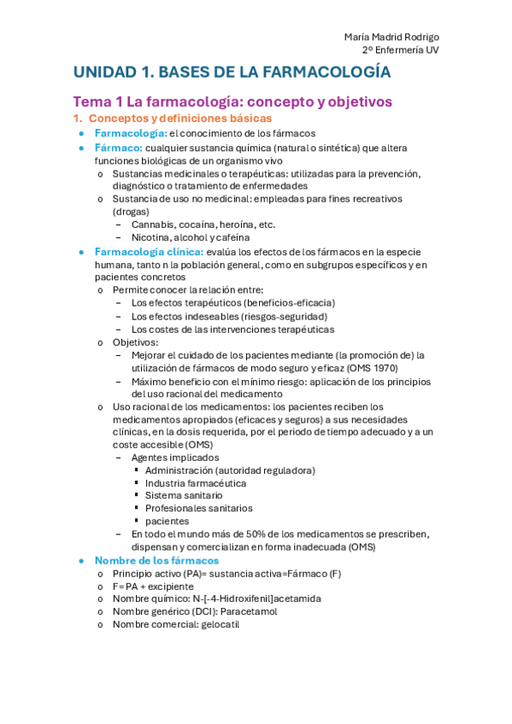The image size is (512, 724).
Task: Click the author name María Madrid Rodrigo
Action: click(x=391, y=37)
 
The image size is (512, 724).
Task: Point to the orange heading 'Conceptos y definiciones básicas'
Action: click(x=180, y=118)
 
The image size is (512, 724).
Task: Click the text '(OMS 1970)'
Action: click(x=376, y=368)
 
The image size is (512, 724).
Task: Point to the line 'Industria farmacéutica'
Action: click(x=196, y=483)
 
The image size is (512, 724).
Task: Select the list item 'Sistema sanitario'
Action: click(x=184, y=495)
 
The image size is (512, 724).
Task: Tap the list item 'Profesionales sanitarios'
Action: click(x=199, y=508)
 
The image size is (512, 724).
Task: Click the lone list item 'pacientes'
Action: click(x=168, y=521)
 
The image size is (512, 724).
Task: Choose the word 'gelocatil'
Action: click(x=221, y=624)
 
